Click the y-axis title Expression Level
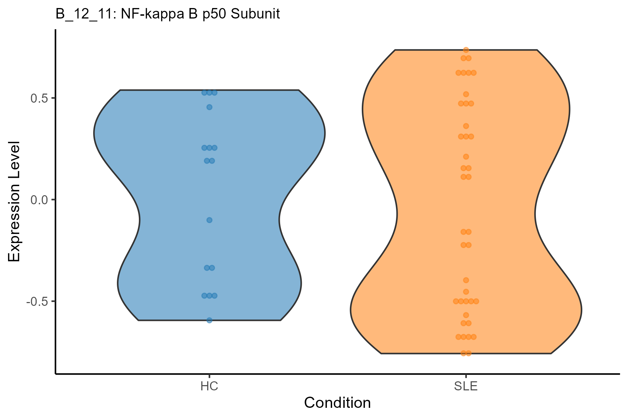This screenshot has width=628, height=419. coord(15,201)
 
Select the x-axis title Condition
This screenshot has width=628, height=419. coord(337,403)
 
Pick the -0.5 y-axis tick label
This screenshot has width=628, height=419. coord(37,301)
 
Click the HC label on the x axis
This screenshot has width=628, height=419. coord(209,387)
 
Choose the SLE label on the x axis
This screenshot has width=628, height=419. coord(466,387)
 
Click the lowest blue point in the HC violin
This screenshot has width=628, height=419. coord(209,320)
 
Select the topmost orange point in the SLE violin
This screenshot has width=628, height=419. coord(466,50)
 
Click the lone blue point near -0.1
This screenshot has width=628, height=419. coord(209,220)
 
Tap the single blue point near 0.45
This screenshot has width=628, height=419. coord(209,107)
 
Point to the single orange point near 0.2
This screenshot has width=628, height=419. coord(466,157)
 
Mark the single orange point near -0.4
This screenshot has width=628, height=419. coord(466,280)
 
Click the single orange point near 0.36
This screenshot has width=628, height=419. coord(466,126)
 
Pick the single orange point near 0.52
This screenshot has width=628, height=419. coord(466,94)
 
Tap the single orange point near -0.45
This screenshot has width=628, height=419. coord(466,292)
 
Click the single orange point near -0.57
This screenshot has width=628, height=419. coord(466,315)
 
